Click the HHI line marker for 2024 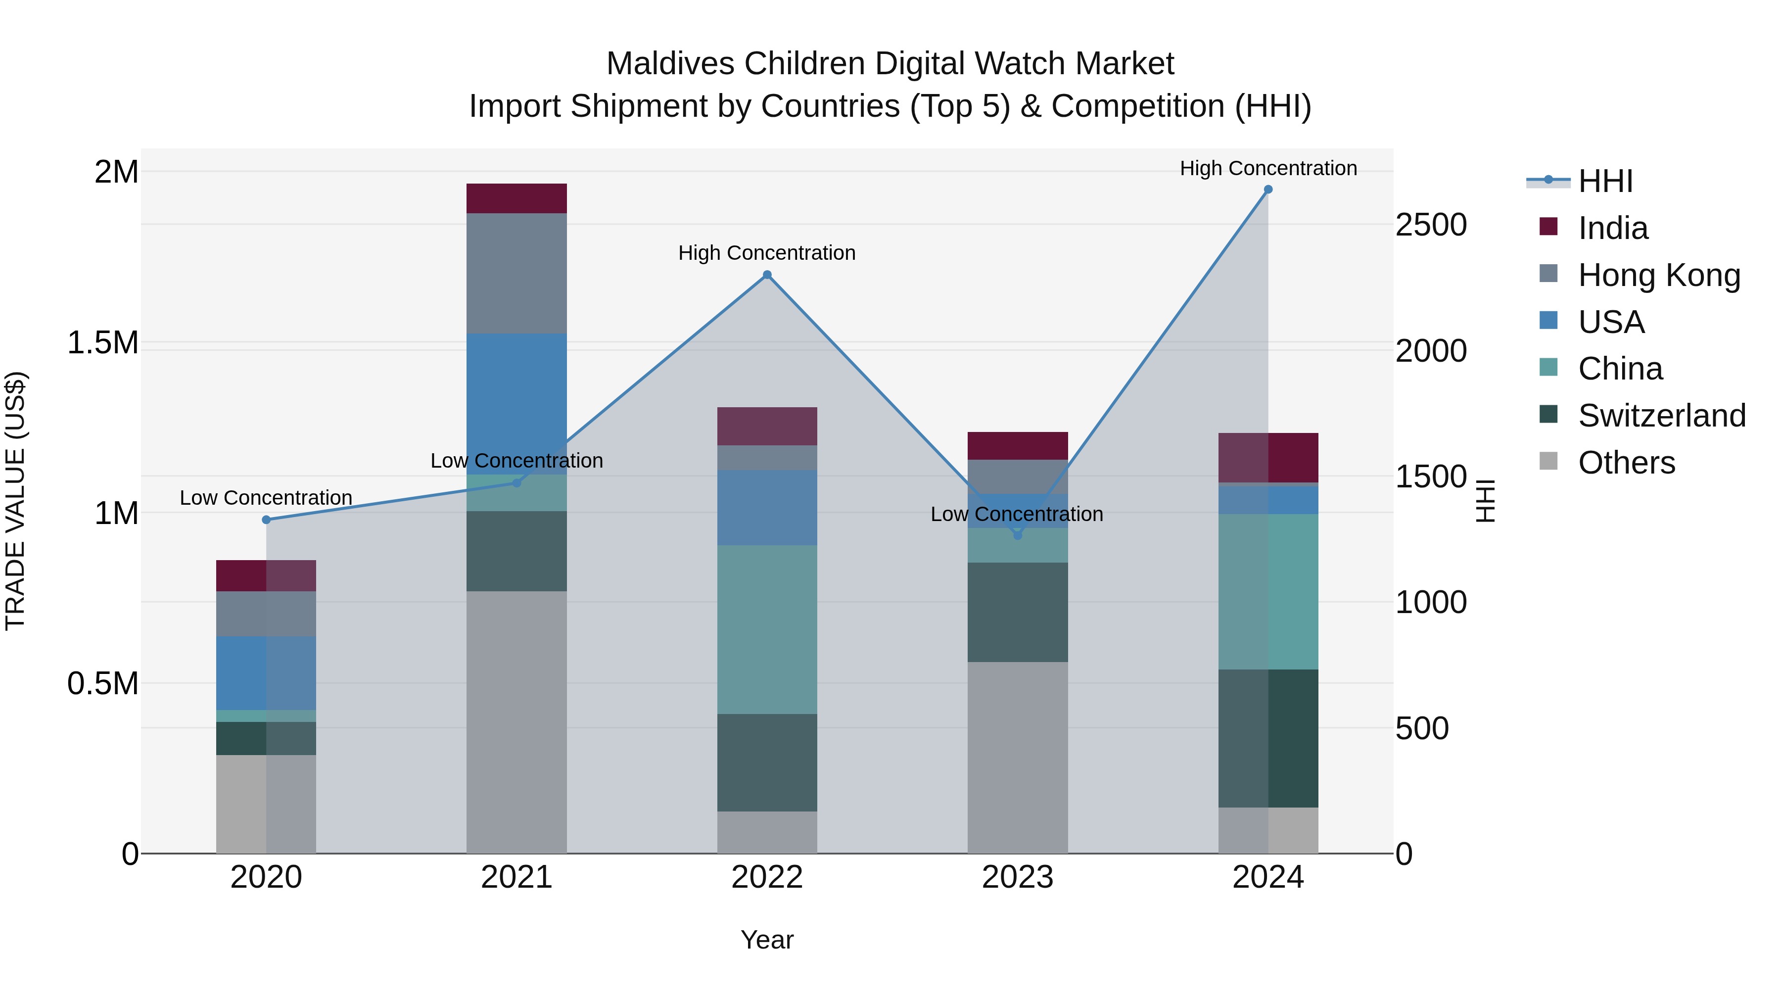coord(1268,190)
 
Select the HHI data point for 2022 coord(767,275)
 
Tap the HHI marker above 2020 coord(266,520)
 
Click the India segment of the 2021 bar coord(516,198)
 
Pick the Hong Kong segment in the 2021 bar coord(516,273)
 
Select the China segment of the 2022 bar coord(767,629)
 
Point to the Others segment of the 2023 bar coord(1017,757)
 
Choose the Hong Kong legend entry coord(1659,275)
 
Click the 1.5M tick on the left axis coord(103,343)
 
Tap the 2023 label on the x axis coord(1017,877)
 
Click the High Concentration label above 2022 coord(767,253)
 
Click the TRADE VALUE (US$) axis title coord(15,501)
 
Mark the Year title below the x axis coord(767,940)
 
